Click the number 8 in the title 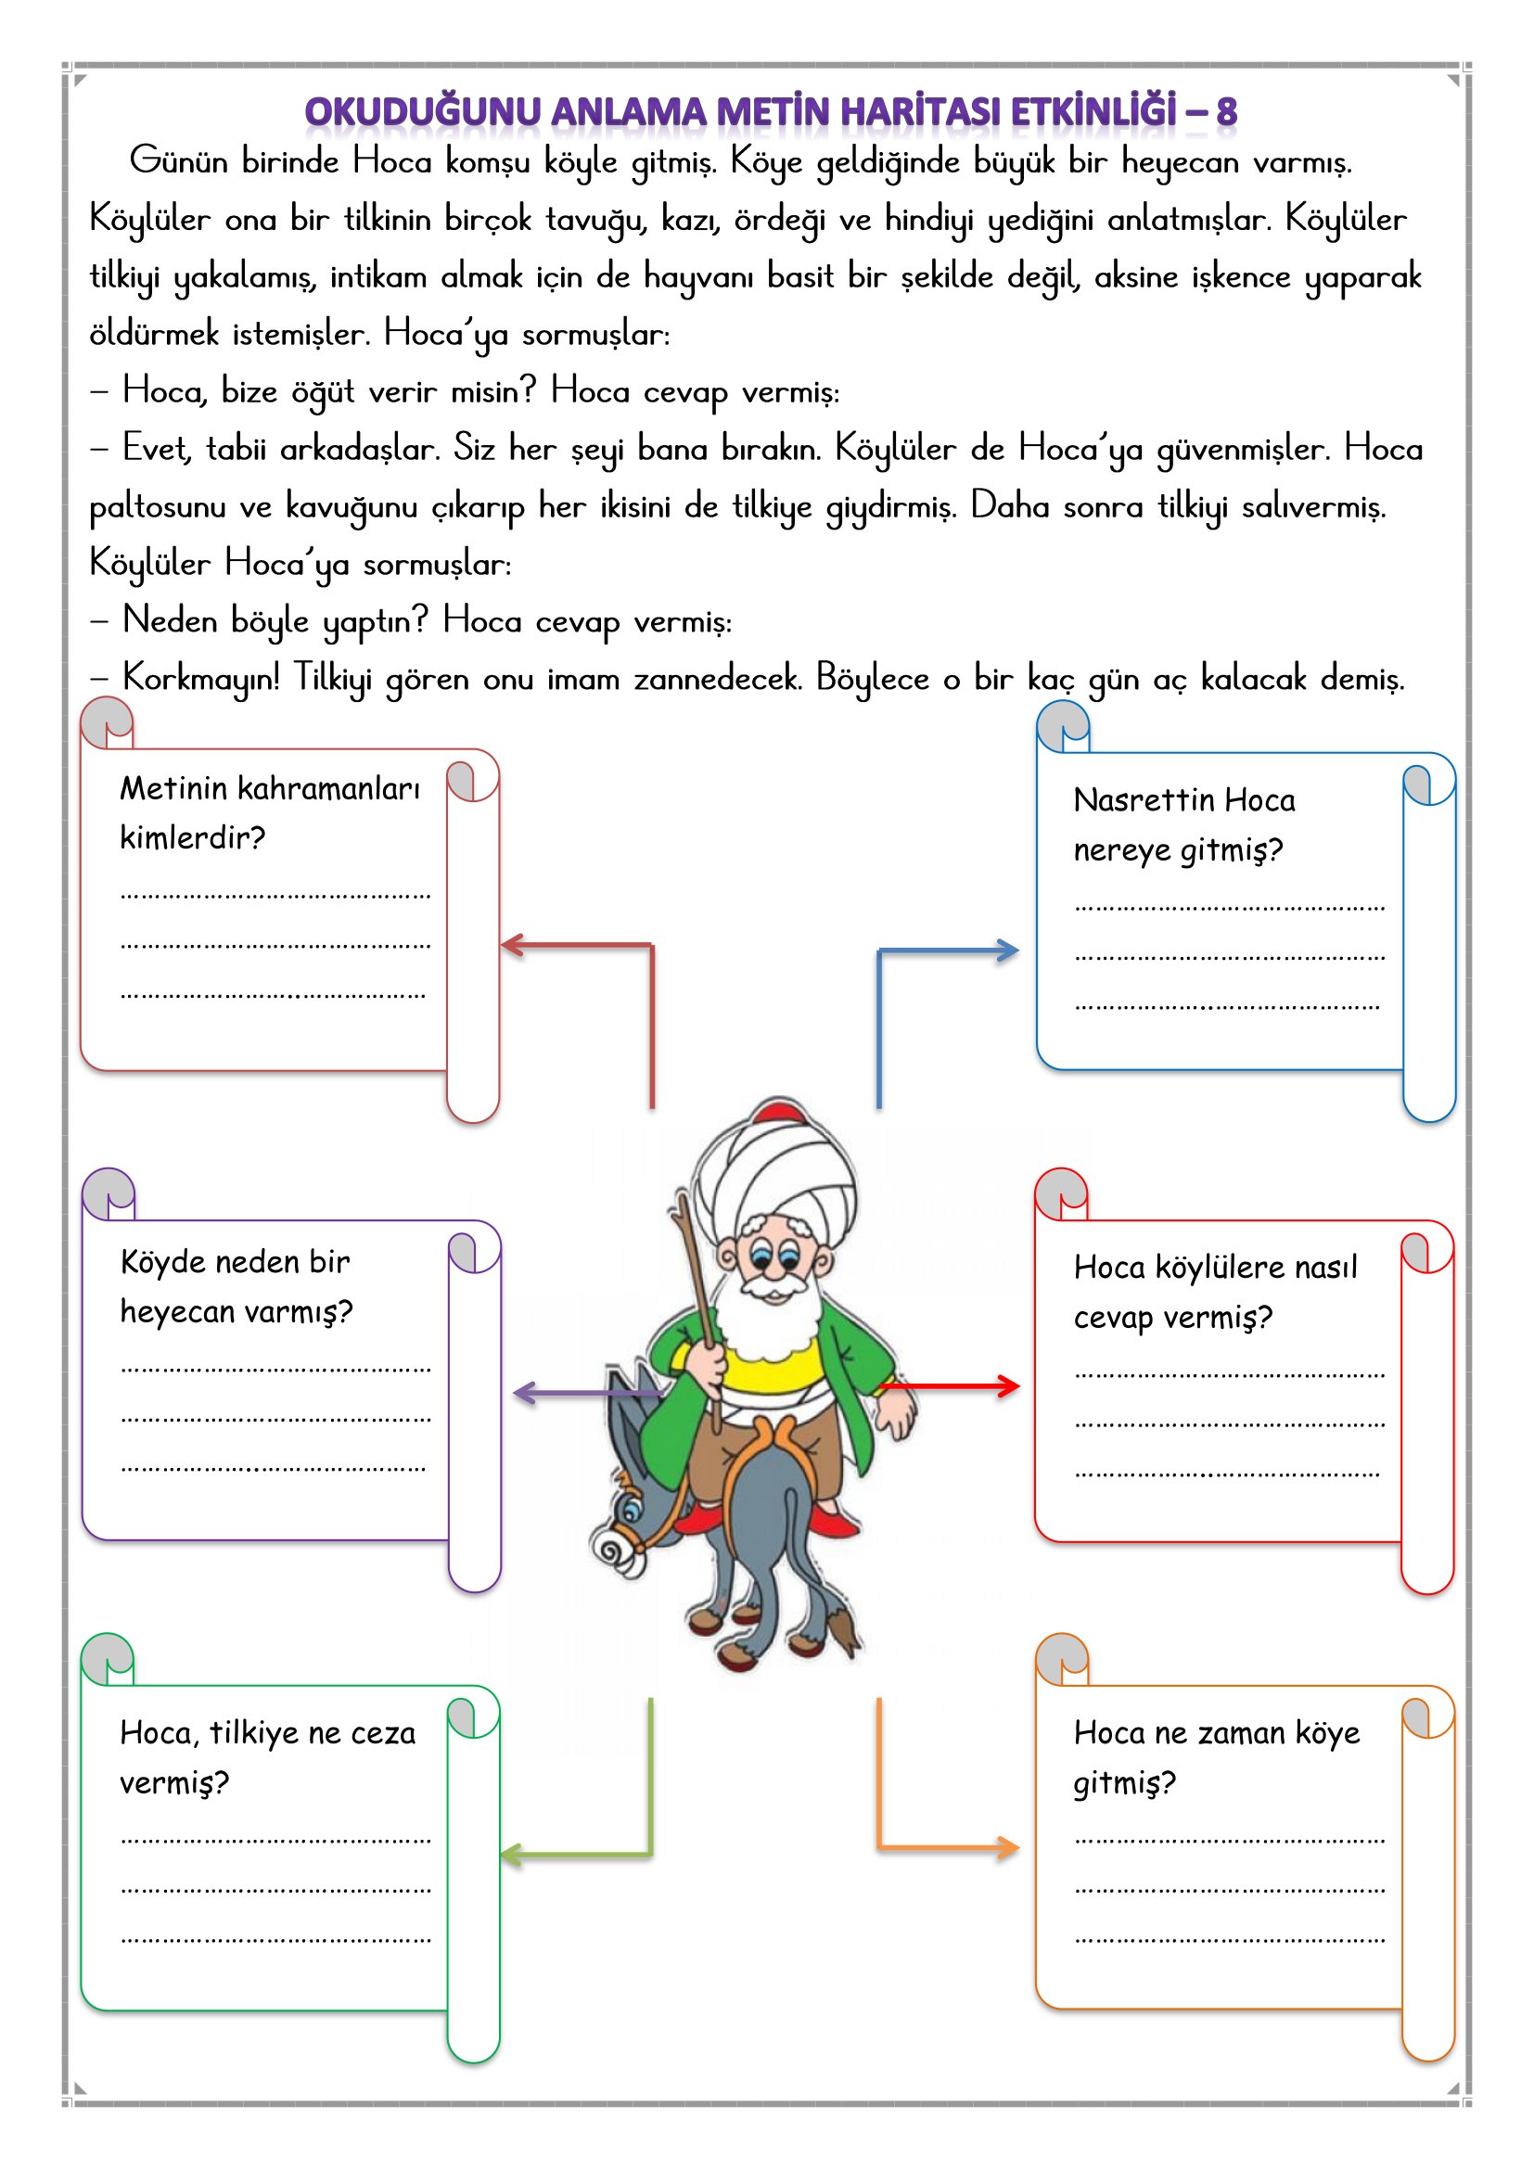point(1226,111)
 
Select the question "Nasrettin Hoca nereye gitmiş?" point(1183,824)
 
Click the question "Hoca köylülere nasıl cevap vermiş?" point(1215,1292)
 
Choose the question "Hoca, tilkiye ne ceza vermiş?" point(267,1758)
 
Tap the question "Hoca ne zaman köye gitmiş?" point(1216,1758)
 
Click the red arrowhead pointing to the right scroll point(1009,1386)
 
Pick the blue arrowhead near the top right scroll point(1008,951)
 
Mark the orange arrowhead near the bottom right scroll point(1008,1849)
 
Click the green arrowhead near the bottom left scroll point(511,1855)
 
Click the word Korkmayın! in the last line point(201,677)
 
